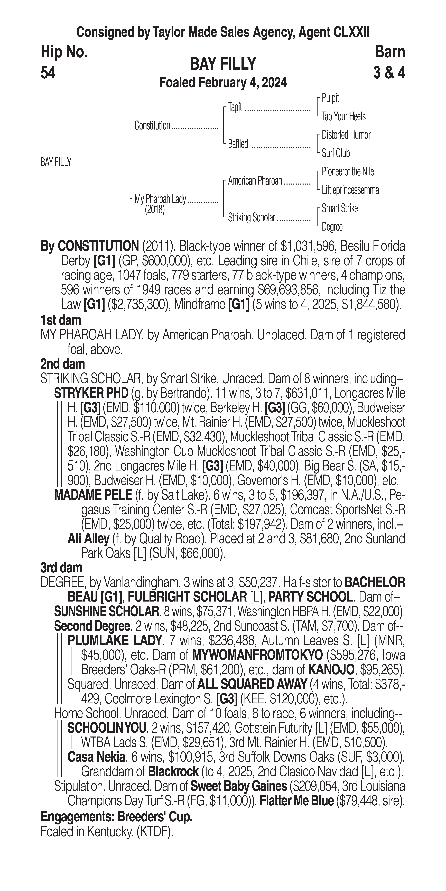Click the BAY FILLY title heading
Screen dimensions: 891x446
pyautogui.click(x=223, y=64)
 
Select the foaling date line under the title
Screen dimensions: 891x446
pyautogui.click(x=223, y=83)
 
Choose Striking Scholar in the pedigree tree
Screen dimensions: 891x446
pyautogui.click(x=251, y=218)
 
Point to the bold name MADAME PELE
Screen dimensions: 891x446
pyautogui.click(x=93, y=495)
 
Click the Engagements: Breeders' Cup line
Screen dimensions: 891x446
pyautogui.click(x=117, y=817)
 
